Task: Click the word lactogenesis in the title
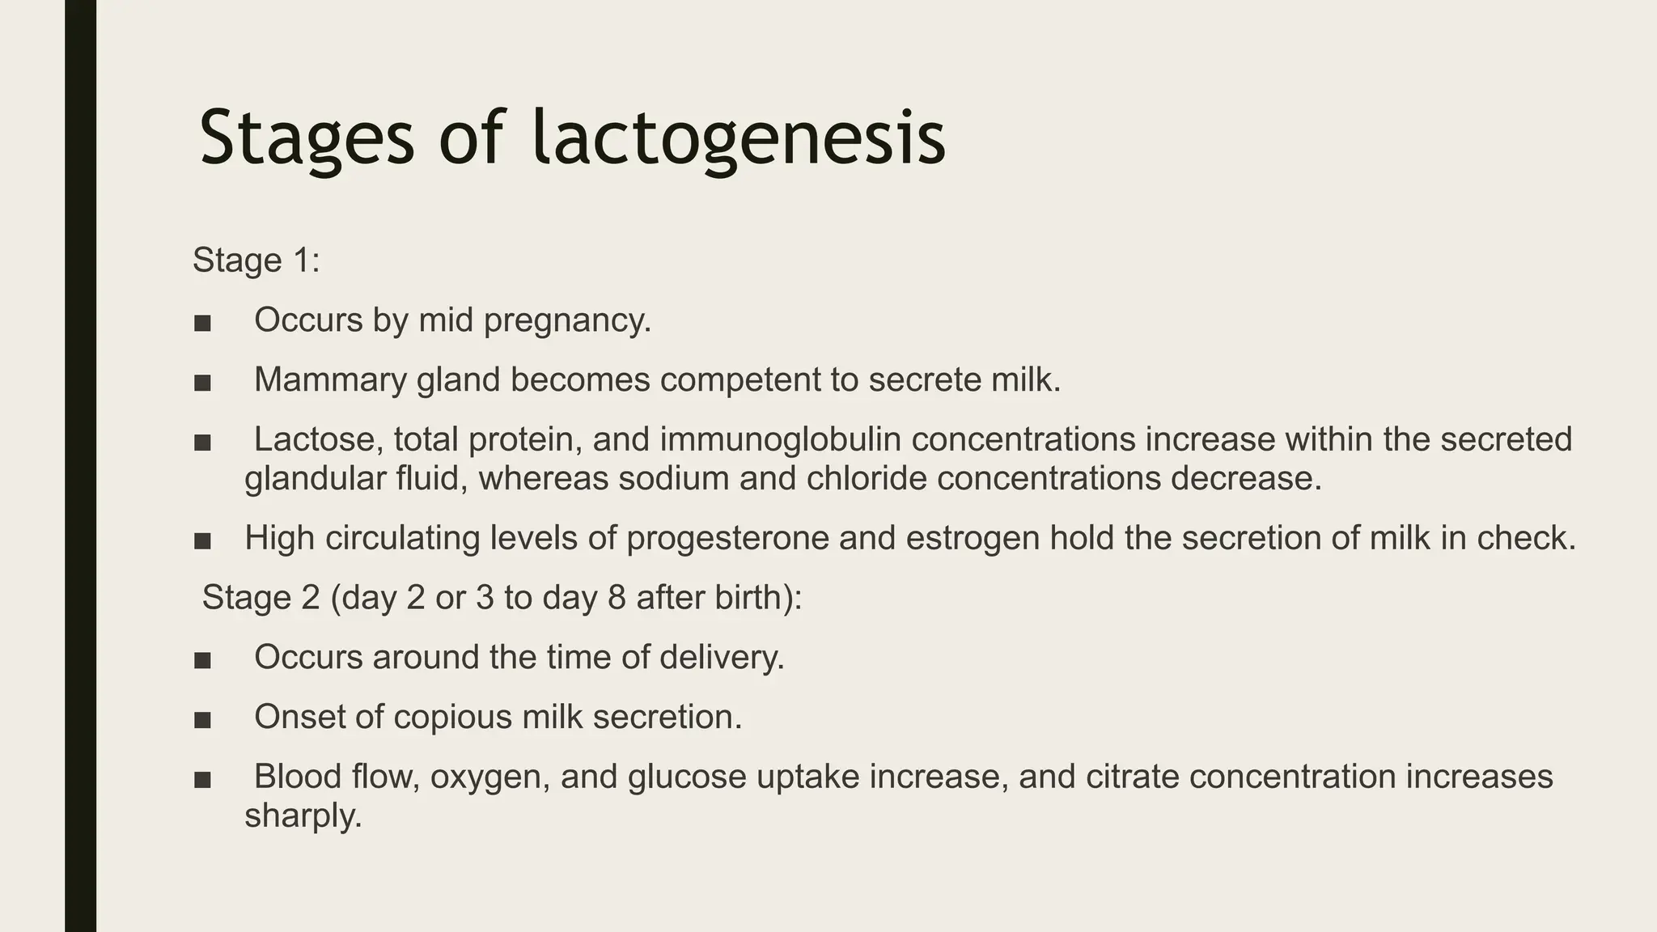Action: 739,139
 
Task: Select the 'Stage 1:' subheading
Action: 256,261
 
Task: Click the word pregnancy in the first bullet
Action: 566,321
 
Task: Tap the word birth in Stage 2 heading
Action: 752,598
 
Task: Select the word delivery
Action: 721,657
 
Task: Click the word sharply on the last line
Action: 303,816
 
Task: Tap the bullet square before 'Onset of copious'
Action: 202,718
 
